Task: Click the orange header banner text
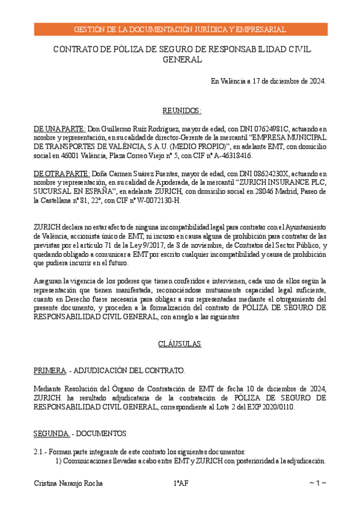click(x=180, y=29)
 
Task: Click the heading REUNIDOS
click(x=182, y=111)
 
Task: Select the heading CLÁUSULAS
click(x=180, y=344)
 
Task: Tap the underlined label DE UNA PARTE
click(x=60, y=129)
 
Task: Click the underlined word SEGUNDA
click(x=50, y=433)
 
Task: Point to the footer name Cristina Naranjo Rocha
click(x=68, y=483)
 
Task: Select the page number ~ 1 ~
click(x=317, y=483)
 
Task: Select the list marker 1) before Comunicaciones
click(x=59, y=461)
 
